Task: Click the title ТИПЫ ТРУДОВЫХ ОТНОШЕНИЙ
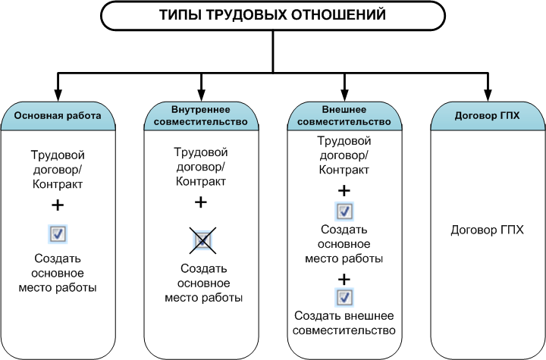tap(273, 15)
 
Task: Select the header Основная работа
tap(58, 116)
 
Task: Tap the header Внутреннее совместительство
tap(201, 116)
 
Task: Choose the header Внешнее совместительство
tap(344, 116)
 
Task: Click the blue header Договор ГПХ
tap(487, 116)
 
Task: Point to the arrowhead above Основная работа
tap(58, 95)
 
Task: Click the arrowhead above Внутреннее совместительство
tap(201, 95)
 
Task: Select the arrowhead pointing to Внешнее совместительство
tap(344, 95)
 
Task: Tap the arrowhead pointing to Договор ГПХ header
tap(488, 95)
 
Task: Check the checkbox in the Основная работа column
tap(58, 233)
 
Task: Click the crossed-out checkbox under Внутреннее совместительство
tap(202, 240)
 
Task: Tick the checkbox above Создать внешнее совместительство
tap(344, 297)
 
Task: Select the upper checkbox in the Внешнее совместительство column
tap(344, 211)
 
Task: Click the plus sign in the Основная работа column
tap(58, 205)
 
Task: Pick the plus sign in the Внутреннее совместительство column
tap(200, 202)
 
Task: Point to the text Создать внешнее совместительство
tap(344, 323)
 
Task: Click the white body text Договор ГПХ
tap(487, 230)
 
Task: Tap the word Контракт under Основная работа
tap(58, 184)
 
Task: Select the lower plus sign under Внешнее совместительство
tap(344, 279)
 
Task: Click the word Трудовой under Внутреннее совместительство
tap(201, 152)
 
